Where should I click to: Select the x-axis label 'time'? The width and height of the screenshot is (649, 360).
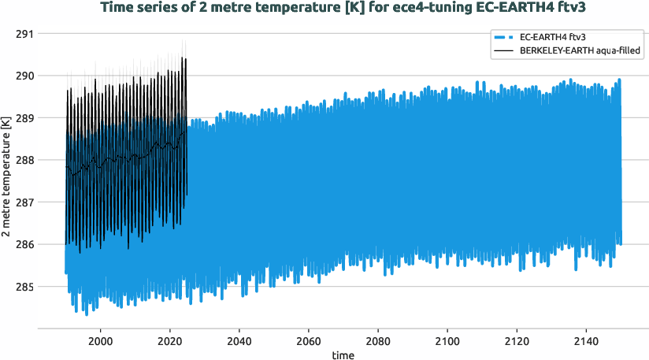pyautogui.click(x=343, y=354)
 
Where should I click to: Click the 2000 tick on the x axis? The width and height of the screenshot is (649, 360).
pyautogui.click(x=100, y=340)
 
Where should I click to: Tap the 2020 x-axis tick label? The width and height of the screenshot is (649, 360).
pyautogui.click(x=169, y=340)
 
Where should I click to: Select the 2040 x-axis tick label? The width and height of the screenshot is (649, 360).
pyautogui.click(x=239, y=340)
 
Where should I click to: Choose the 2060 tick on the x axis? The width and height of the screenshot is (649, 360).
pyautogui.click(x=309, y=340)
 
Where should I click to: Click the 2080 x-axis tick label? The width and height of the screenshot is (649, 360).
pyautogui.click(x=378, y=340)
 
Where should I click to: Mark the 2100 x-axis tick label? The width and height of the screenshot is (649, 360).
pyautogui.click(x=447, y=340)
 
